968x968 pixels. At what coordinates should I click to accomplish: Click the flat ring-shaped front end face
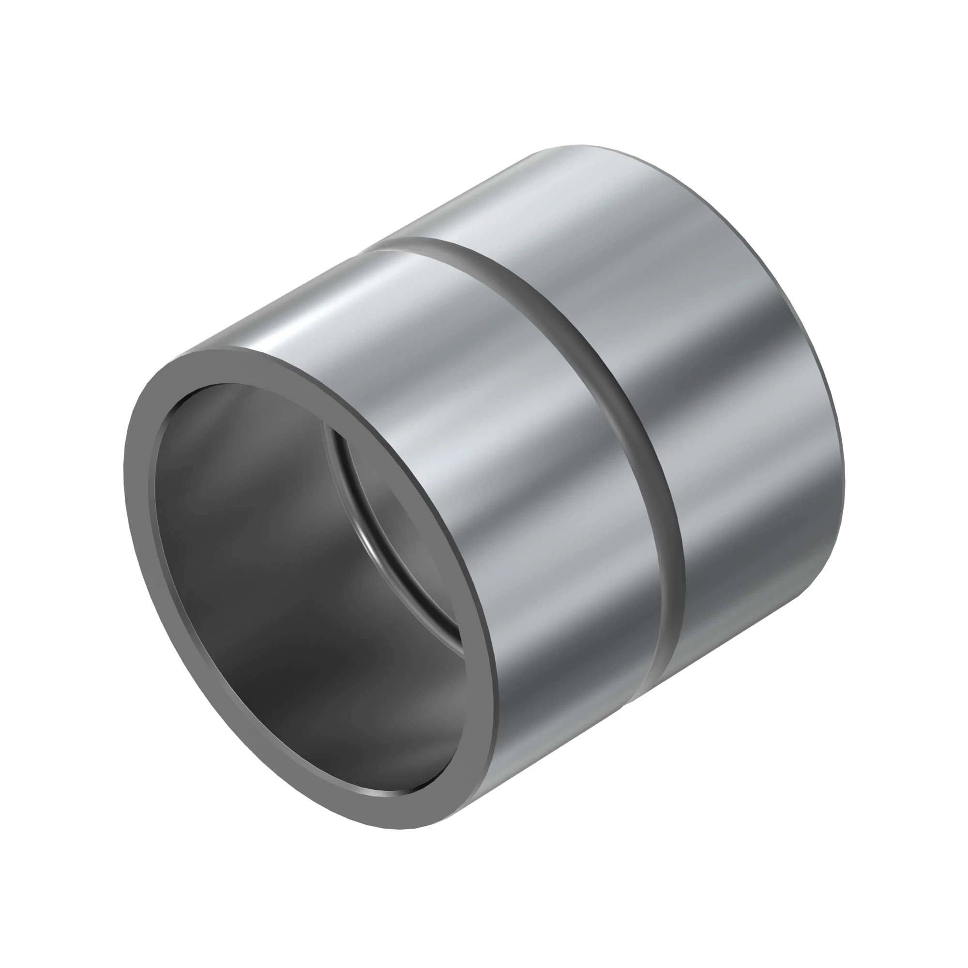[x=145, y=526]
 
